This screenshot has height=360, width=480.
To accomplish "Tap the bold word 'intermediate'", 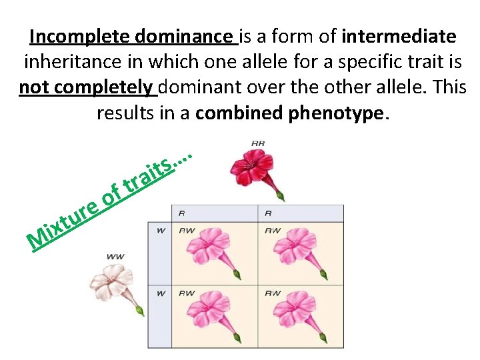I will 399,35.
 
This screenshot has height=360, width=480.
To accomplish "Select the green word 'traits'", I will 151,175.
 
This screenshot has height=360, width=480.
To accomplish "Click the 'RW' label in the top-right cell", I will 273,231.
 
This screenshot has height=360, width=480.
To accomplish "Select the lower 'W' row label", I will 160,293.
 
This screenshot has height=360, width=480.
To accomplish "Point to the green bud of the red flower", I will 281,195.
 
